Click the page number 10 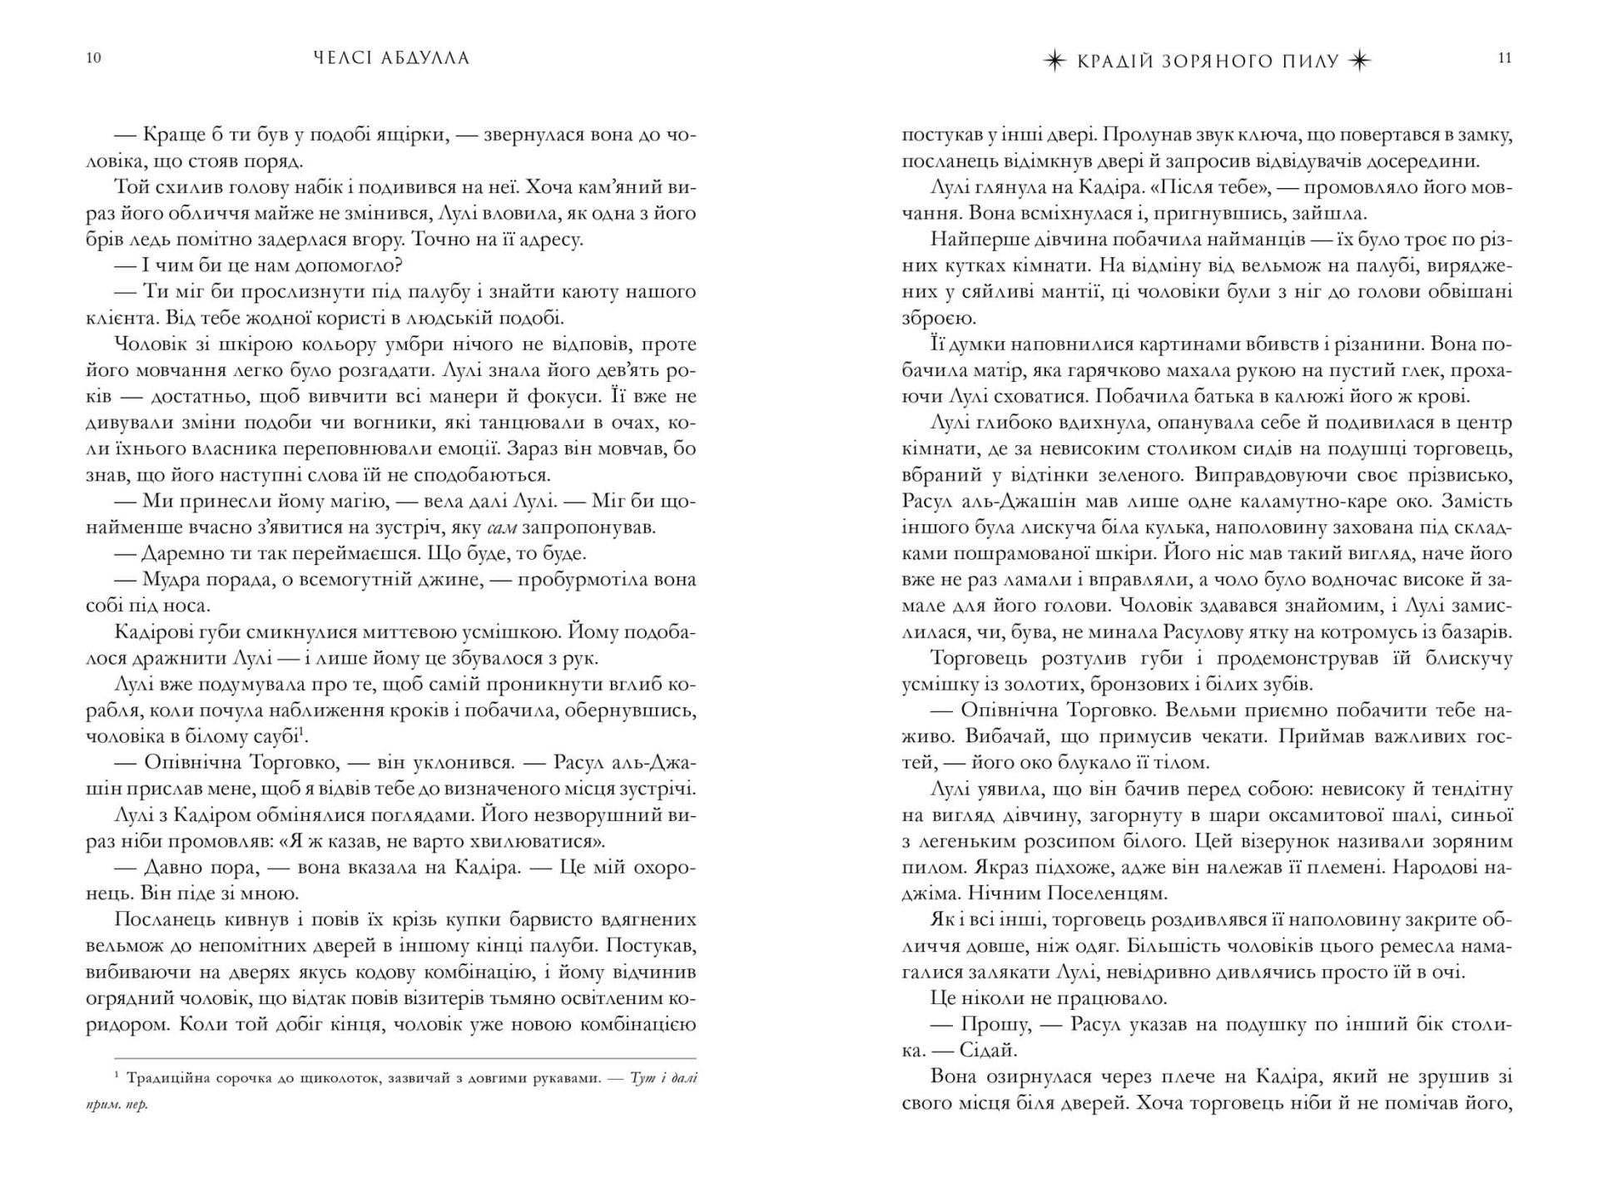point(93,58)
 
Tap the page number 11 point(1504,58)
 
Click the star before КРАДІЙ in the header point(1054,61)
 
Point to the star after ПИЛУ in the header point(1359,61)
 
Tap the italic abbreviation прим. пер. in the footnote point(117,1106)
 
